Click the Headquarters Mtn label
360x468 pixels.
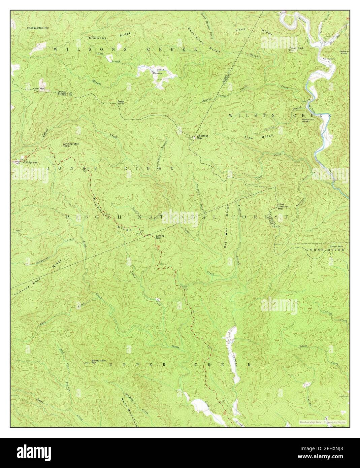click(38, 29)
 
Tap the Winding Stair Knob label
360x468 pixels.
click(70, 145)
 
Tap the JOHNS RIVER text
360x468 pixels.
click(325, 250)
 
